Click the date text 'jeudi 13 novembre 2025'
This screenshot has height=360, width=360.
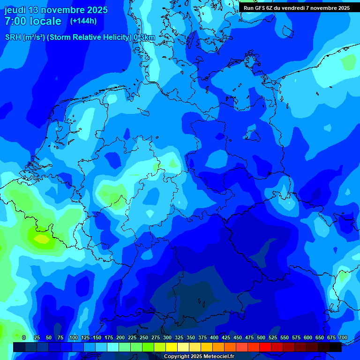click(56, 10)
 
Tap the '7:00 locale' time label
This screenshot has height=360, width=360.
click(33, 21)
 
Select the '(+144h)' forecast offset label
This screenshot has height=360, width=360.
click(83, 21)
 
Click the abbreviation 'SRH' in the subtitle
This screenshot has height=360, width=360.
click(13, 37)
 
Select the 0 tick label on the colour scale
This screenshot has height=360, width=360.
click(24, 337)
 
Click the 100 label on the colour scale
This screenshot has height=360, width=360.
click(73, 337)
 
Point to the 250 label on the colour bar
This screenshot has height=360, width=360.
click(144, 337)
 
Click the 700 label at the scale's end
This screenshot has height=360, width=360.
click(343, 337)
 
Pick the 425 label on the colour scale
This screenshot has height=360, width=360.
click(226, 337)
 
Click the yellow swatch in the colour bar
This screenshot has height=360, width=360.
click(172, 347)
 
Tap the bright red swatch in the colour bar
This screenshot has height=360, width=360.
click(265, 347)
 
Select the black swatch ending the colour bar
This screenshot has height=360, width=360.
click(336, 347)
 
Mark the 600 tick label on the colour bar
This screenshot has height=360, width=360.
click(308, 337)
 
